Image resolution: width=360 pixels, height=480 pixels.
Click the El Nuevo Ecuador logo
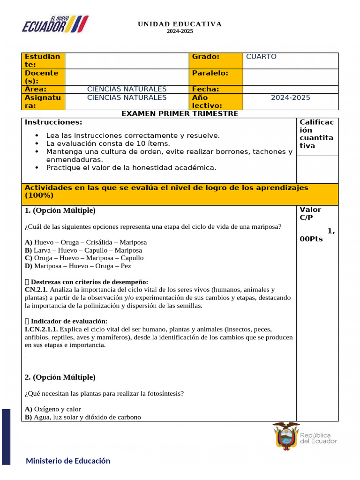click(x=55, y=24)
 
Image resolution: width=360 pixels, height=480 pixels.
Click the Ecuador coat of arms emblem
click(x=286, y=436)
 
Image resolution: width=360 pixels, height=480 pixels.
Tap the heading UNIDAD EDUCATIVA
click(x=180, y=24)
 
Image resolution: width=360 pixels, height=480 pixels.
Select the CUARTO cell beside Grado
click(x=261, y=57)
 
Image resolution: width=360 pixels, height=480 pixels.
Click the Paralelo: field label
click(x=210, y=73)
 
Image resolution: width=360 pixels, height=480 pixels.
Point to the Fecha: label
click(x=205, y=89)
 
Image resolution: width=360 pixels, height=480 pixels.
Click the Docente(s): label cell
click(x=42, y=77)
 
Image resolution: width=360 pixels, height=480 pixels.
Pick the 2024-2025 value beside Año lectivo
click(x=290, y=97)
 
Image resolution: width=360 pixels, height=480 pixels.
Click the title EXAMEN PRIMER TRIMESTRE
click(x=180, y=113)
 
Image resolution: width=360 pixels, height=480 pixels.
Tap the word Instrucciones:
click(x=53, y=122)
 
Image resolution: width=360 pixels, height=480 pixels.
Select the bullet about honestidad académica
click(x=131, y=167)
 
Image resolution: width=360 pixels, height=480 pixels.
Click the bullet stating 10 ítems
click(x=108, y=143)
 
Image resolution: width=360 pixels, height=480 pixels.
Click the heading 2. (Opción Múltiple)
click(x=60, y=377)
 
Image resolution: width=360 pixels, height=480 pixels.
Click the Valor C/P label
click(x=310, y=213)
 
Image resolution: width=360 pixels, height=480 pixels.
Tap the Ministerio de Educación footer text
click(x=68, y=461)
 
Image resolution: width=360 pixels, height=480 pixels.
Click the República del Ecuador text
click(x=318, y=438)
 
